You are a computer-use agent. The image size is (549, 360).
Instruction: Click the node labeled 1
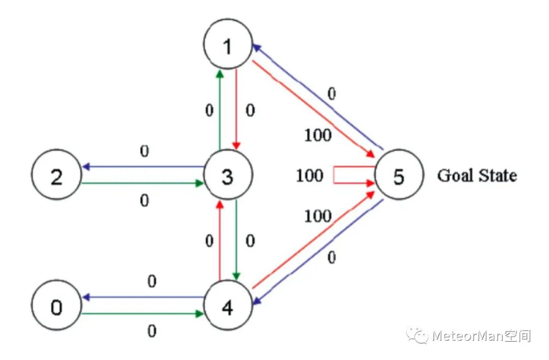tap(228, 45)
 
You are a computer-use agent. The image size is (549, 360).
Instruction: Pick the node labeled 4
tap(228, 307)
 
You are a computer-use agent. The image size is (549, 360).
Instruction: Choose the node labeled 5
tap(399, 176)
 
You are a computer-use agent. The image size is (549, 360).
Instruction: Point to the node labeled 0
tap(56, 307)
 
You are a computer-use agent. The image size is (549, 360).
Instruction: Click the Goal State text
tap(477, 176)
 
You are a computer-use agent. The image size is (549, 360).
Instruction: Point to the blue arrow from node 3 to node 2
tap(142, 166)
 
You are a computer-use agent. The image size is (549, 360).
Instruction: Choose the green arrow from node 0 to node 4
tap(142, 314)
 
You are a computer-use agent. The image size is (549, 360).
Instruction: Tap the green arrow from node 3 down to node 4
tap(236, 239)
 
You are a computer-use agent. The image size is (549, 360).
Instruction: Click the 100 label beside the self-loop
tap(310, 176)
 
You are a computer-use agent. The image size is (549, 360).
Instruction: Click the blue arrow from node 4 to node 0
tap(142, 297)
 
